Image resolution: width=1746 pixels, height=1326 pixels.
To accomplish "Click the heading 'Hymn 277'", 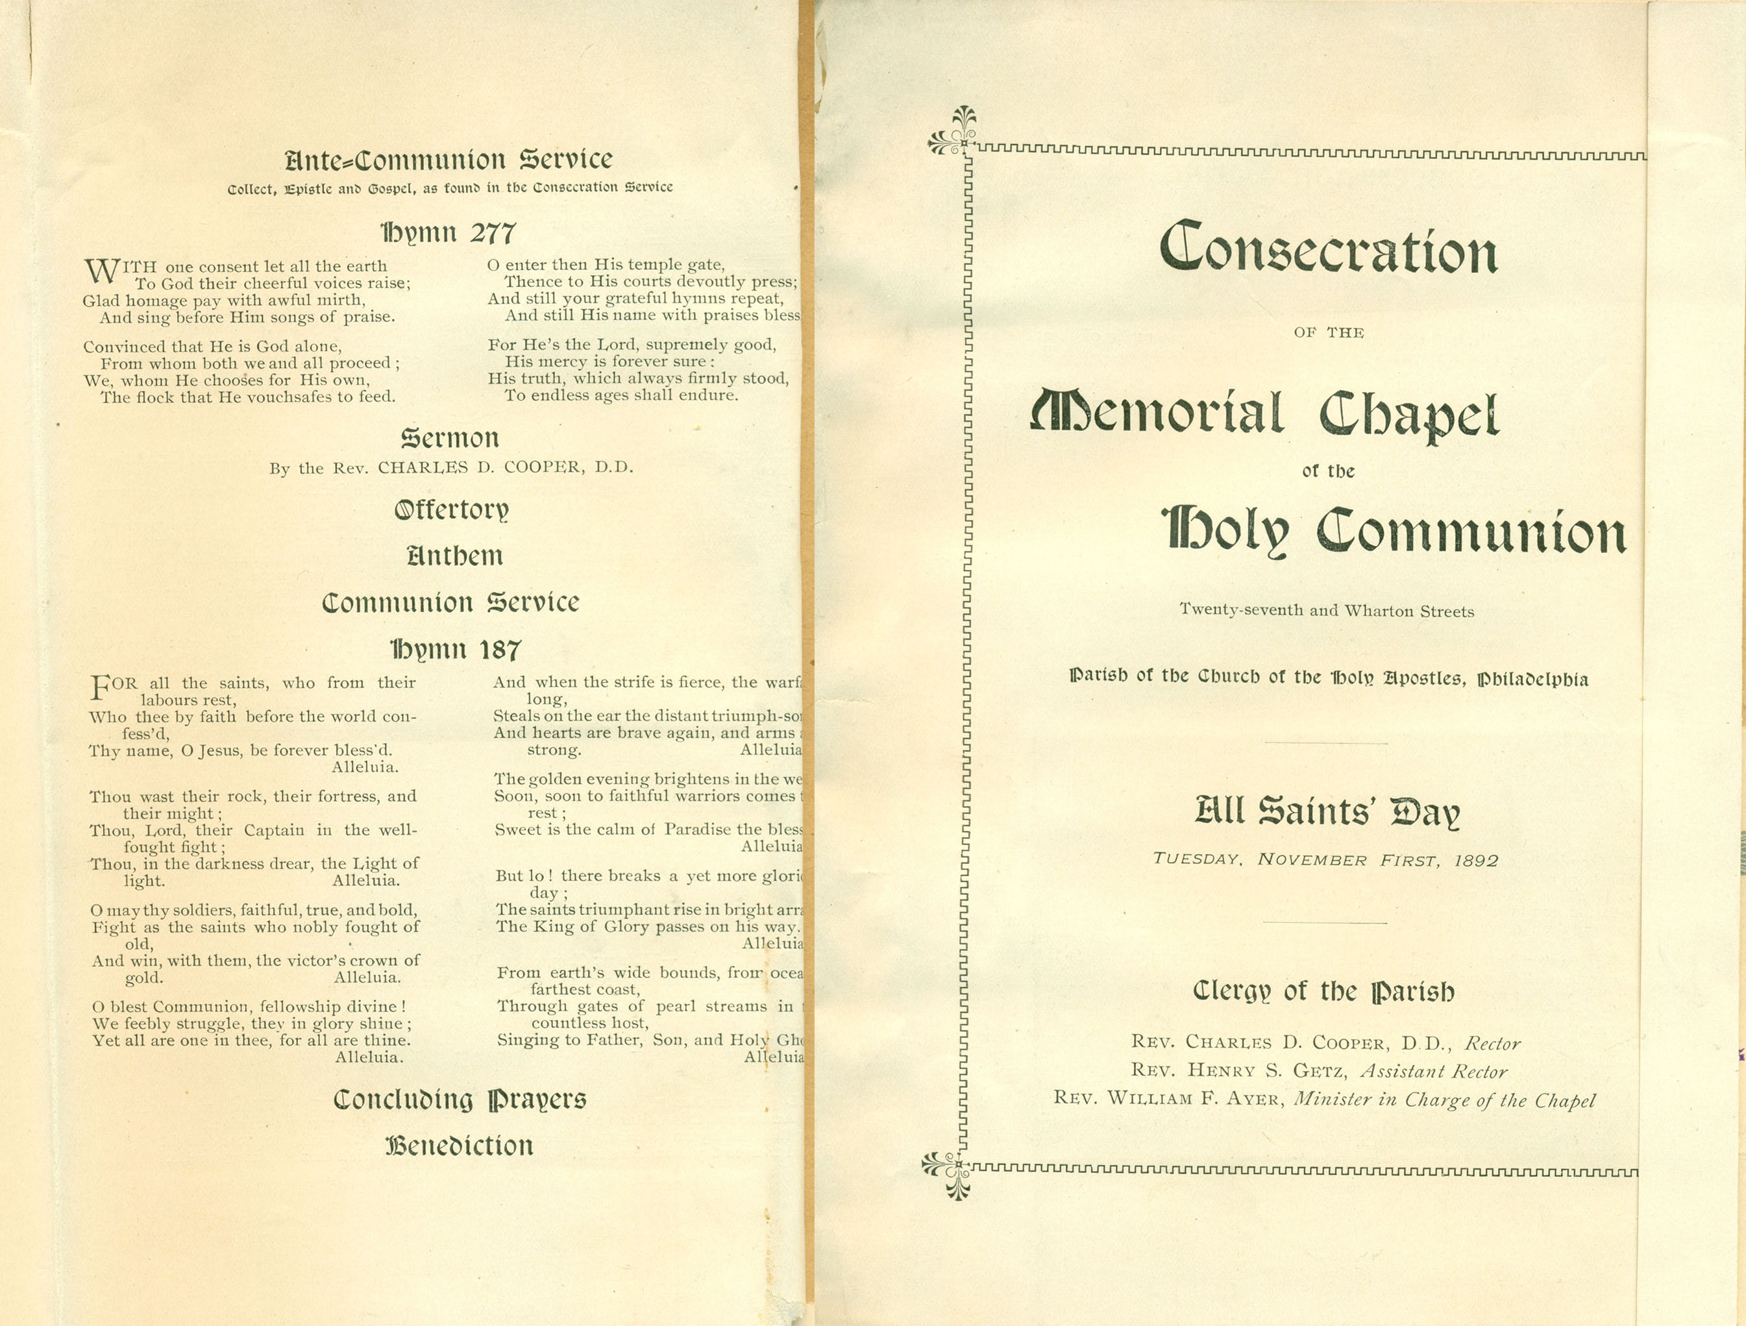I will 449,233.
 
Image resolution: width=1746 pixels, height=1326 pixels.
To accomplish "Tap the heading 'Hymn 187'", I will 456,650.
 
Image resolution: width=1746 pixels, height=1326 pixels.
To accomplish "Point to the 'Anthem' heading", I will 454,556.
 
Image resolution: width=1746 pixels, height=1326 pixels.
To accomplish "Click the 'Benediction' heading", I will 459,1146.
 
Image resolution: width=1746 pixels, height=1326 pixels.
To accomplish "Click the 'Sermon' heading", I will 450,438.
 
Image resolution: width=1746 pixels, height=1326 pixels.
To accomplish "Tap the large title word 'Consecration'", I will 1329,249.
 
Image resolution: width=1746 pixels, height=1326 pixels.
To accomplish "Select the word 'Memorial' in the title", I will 1157,413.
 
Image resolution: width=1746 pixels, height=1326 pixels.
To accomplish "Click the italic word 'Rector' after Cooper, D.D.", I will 1492,1044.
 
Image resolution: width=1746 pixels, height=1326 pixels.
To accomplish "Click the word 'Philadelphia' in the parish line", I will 1533,679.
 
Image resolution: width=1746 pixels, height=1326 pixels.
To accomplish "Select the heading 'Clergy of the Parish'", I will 1323,991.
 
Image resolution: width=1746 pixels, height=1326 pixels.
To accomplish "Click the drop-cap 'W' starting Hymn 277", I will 101,271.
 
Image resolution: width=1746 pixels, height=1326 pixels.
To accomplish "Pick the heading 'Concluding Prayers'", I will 460,1099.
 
